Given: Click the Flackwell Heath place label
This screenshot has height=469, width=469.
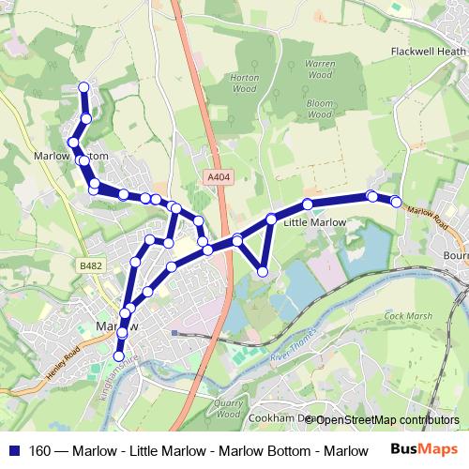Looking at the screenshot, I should [428, 52].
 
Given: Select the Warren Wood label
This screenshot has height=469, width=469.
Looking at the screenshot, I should [320, 68].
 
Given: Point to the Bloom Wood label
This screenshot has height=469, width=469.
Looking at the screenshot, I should [320, 109].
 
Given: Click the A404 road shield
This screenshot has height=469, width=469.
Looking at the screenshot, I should [217, 175].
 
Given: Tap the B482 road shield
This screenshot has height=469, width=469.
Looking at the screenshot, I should [90, 266].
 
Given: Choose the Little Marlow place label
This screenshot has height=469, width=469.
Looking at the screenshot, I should [315, 222].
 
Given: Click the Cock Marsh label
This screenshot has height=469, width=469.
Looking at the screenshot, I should [407, 316].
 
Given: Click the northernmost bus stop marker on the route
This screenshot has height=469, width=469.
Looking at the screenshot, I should [83, 87].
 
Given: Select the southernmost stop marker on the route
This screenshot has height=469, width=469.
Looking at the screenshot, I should [119, 356].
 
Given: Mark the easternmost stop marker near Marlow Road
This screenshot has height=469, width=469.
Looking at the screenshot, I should [396, 202].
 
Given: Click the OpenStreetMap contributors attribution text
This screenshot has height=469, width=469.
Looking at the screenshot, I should [387, 419].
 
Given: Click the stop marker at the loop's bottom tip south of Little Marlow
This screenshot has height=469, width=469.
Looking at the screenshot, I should [263, 272].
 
